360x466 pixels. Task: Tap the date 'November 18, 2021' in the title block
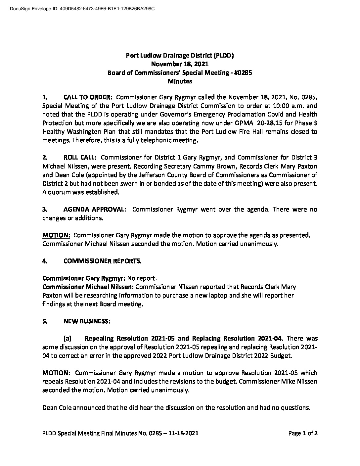[x=180, y=64]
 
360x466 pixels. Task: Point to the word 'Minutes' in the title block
[x=180, y=81]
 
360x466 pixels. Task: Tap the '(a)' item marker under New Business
[x=67, y=339]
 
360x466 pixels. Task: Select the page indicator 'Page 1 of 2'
[x=303, y=433]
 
